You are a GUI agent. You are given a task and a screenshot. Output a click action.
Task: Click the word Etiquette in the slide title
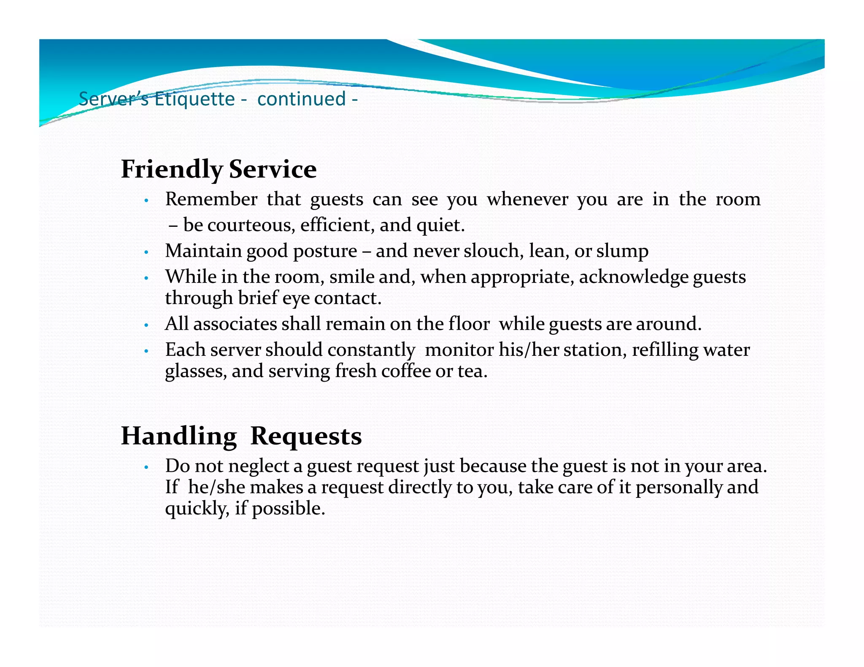194,100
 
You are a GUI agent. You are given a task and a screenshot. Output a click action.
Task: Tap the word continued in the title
301,100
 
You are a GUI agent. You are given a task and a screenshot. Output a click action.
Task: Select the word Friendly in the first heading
171,169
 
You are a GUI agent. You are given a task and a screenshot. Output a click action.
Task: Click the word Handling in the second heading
178,436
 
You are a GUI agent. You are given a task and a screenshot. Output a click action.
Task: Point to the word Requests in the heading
306,436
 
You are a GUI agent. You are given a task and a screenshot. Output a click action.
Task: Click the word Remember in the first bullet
211,199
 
